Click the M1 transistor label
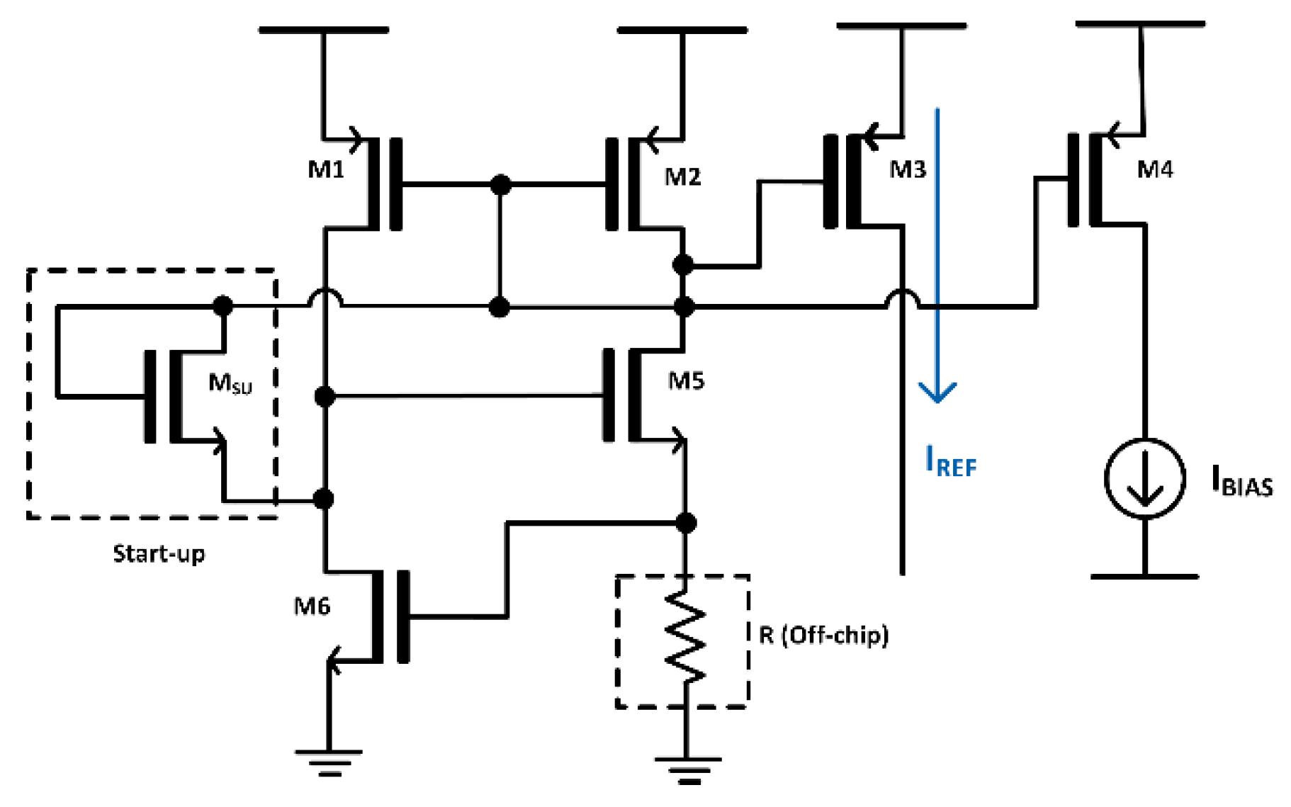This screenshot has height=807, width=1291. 325,169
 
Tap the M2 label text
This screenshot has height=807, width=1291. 682,176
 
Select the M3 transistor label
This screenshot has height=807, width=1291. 908,170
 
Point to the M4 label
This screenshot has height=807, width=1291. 1154,169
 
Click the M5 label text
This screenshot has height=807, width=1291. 686,381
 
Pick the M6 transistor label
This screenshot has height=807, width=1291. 312,606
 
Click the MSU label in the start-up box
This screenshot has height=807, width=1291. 230,383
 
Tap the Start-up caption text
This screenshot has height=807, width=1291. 159,553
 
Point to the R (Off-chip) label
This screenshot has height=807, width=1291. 823,635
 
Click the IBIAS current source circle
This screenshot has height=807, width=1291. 1144,478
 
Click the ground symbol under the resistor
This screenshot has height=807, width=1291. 687,769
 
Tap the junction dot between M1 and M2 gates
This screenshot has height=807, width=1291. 500,185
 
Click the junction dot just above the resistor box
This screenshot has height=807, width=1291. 685,523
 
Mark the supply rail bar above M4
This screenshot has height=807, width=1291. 1139,25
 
